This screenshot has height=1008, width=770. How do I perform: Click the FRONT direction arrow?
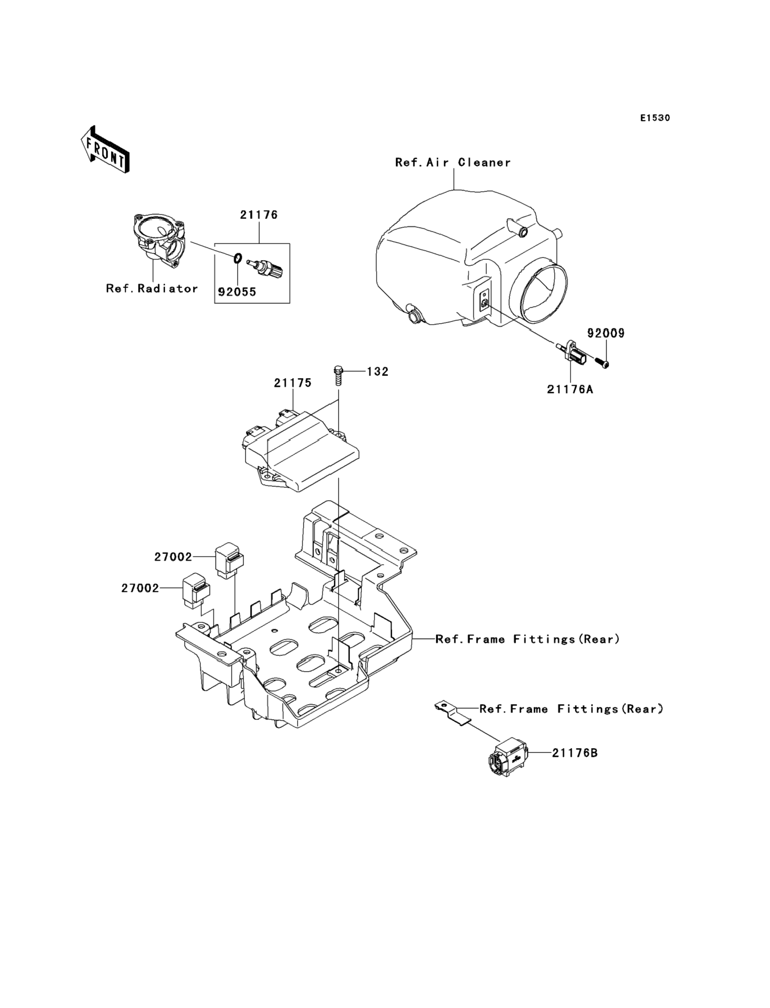click(105, 150)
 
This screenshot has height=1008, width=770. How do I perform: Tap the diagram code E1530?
click(655, 118)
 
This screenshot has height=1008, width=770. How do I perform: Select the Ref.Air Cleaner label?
click(453, 163)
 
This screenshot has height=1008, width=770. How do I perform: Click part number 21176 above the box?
click(259, 215)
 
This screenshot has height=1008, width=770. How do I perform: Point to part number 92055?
click(237, 292)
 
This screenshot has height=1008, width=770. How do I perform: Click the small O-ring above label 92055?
click(237, 259)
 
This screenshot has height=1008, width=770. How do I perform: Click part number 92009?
click(606, 333)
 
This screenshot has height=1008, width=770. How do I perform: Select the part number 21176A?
click(570, 390)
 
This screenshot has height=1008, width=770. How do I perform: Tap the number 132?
click(378, 372)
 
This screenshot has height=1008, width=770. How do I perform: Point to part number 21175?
click(293, 383)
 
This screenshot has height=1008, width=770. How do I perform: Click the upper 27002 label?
click(173, 557)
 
